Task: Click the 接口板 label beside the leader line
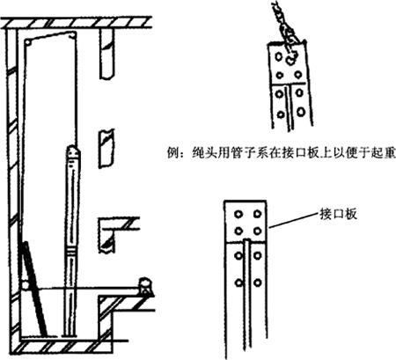(x=338, y=214)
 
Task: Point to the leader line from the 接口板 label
(x=294, y=221)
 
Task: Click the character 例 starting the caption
(x=172, y=153)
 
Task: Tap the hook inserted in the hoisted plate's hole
(x=291, y=59)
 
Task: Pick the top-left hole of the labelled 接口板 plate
(x=238, y=214)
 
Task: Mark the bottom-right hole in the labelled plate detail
(x=257, y=283)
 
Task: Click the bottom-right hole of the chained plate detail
(x=301, y=112)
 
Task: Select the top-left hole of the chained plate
(x=279, y=56)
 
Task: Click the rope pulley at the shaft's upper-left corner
(x=27, y=42)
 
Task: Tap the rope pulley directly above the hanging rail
(x=72, y=36)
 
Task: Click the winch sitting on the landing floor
(x=145, y=286)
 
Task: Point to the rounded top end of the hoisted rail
(x=73, y=151)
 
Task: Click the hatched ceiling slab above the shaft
(x=77, y=23)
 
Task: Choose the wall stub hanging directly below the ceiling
(x=106, y=54)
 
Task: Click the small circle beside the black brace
(x=26, y=285)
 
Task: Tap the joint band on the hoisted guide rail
(x=71, y=251)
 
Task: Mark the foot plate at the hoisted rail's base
(x=70, y=335)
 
